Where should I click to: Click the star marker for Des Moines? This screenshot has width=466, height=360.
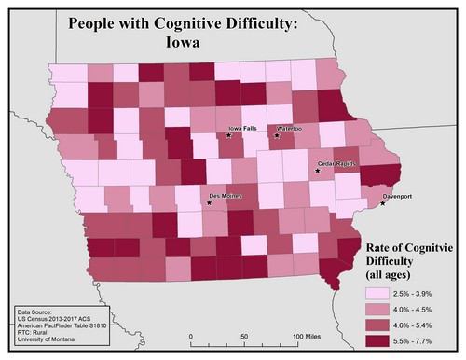[207, 204]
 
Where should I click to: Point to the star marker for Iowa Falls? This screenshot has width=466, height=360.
[228, 136]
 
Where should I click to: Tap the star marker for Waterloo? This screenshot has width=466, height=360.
[277, 136]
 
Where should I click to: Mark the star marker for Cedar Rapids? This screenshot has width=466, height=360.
[318, 171]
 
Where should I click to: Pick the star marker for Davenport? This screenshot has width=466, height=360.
[382, 204]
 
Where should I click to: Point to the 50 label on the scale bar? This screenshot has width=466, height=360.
[245, 335]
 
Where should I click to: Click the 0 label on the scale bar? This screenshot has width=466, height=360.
[191, 335]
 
